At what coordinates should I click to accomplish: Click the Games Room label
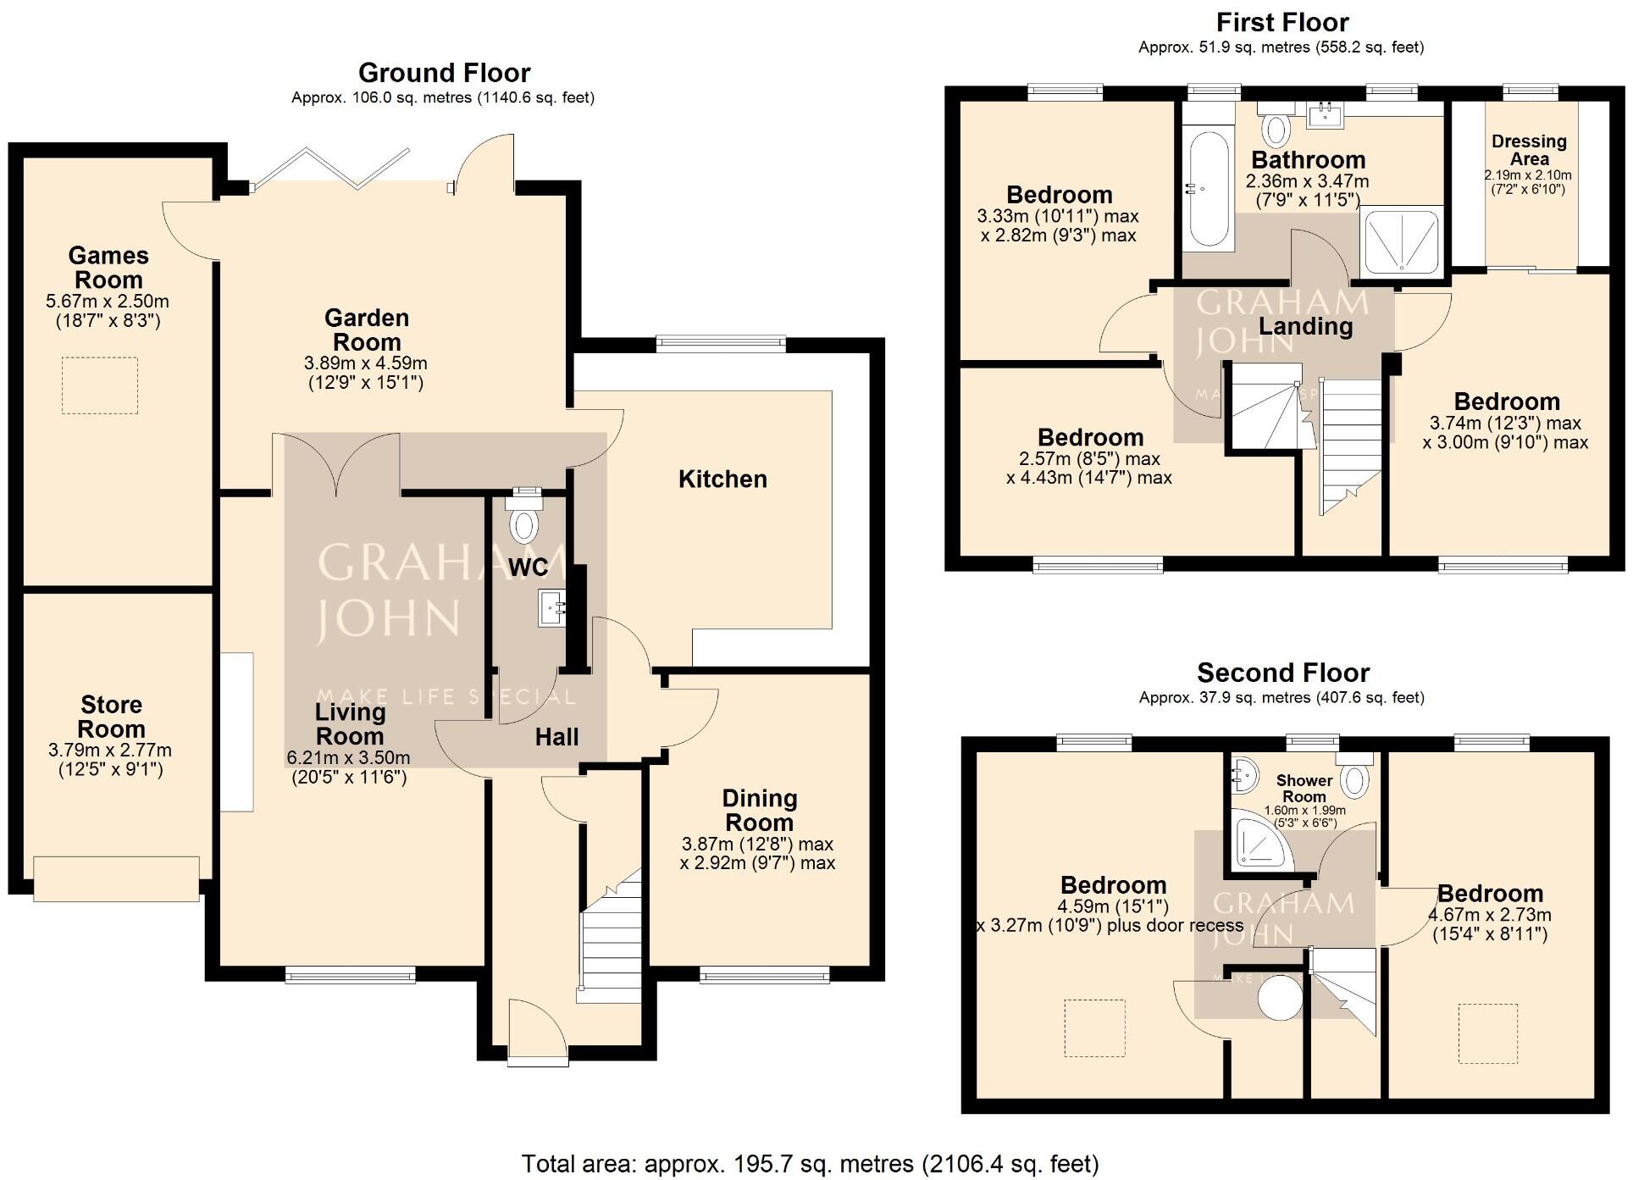(108, 268)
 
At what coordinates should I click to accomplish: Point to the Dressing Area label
(1529, 150)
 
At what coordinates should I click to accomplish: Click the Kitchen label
(722, 479)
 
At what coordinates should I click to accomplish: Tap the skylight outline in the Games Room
(99, 385)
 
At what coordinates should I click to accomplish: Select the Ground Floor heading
(444, 73)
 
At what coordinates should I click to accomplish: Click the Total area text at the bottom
(810, 1164)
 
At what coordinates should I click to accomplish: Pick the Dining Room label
(759, 811)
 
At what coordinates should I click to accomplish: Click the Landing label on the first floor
(1305, 327)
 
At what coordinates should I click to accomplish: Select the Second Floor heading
(1282, 673)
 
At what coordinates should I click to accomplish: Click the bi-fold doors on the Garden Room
(330, 169)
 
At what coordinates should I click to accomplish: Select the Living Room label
(350, 724)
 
